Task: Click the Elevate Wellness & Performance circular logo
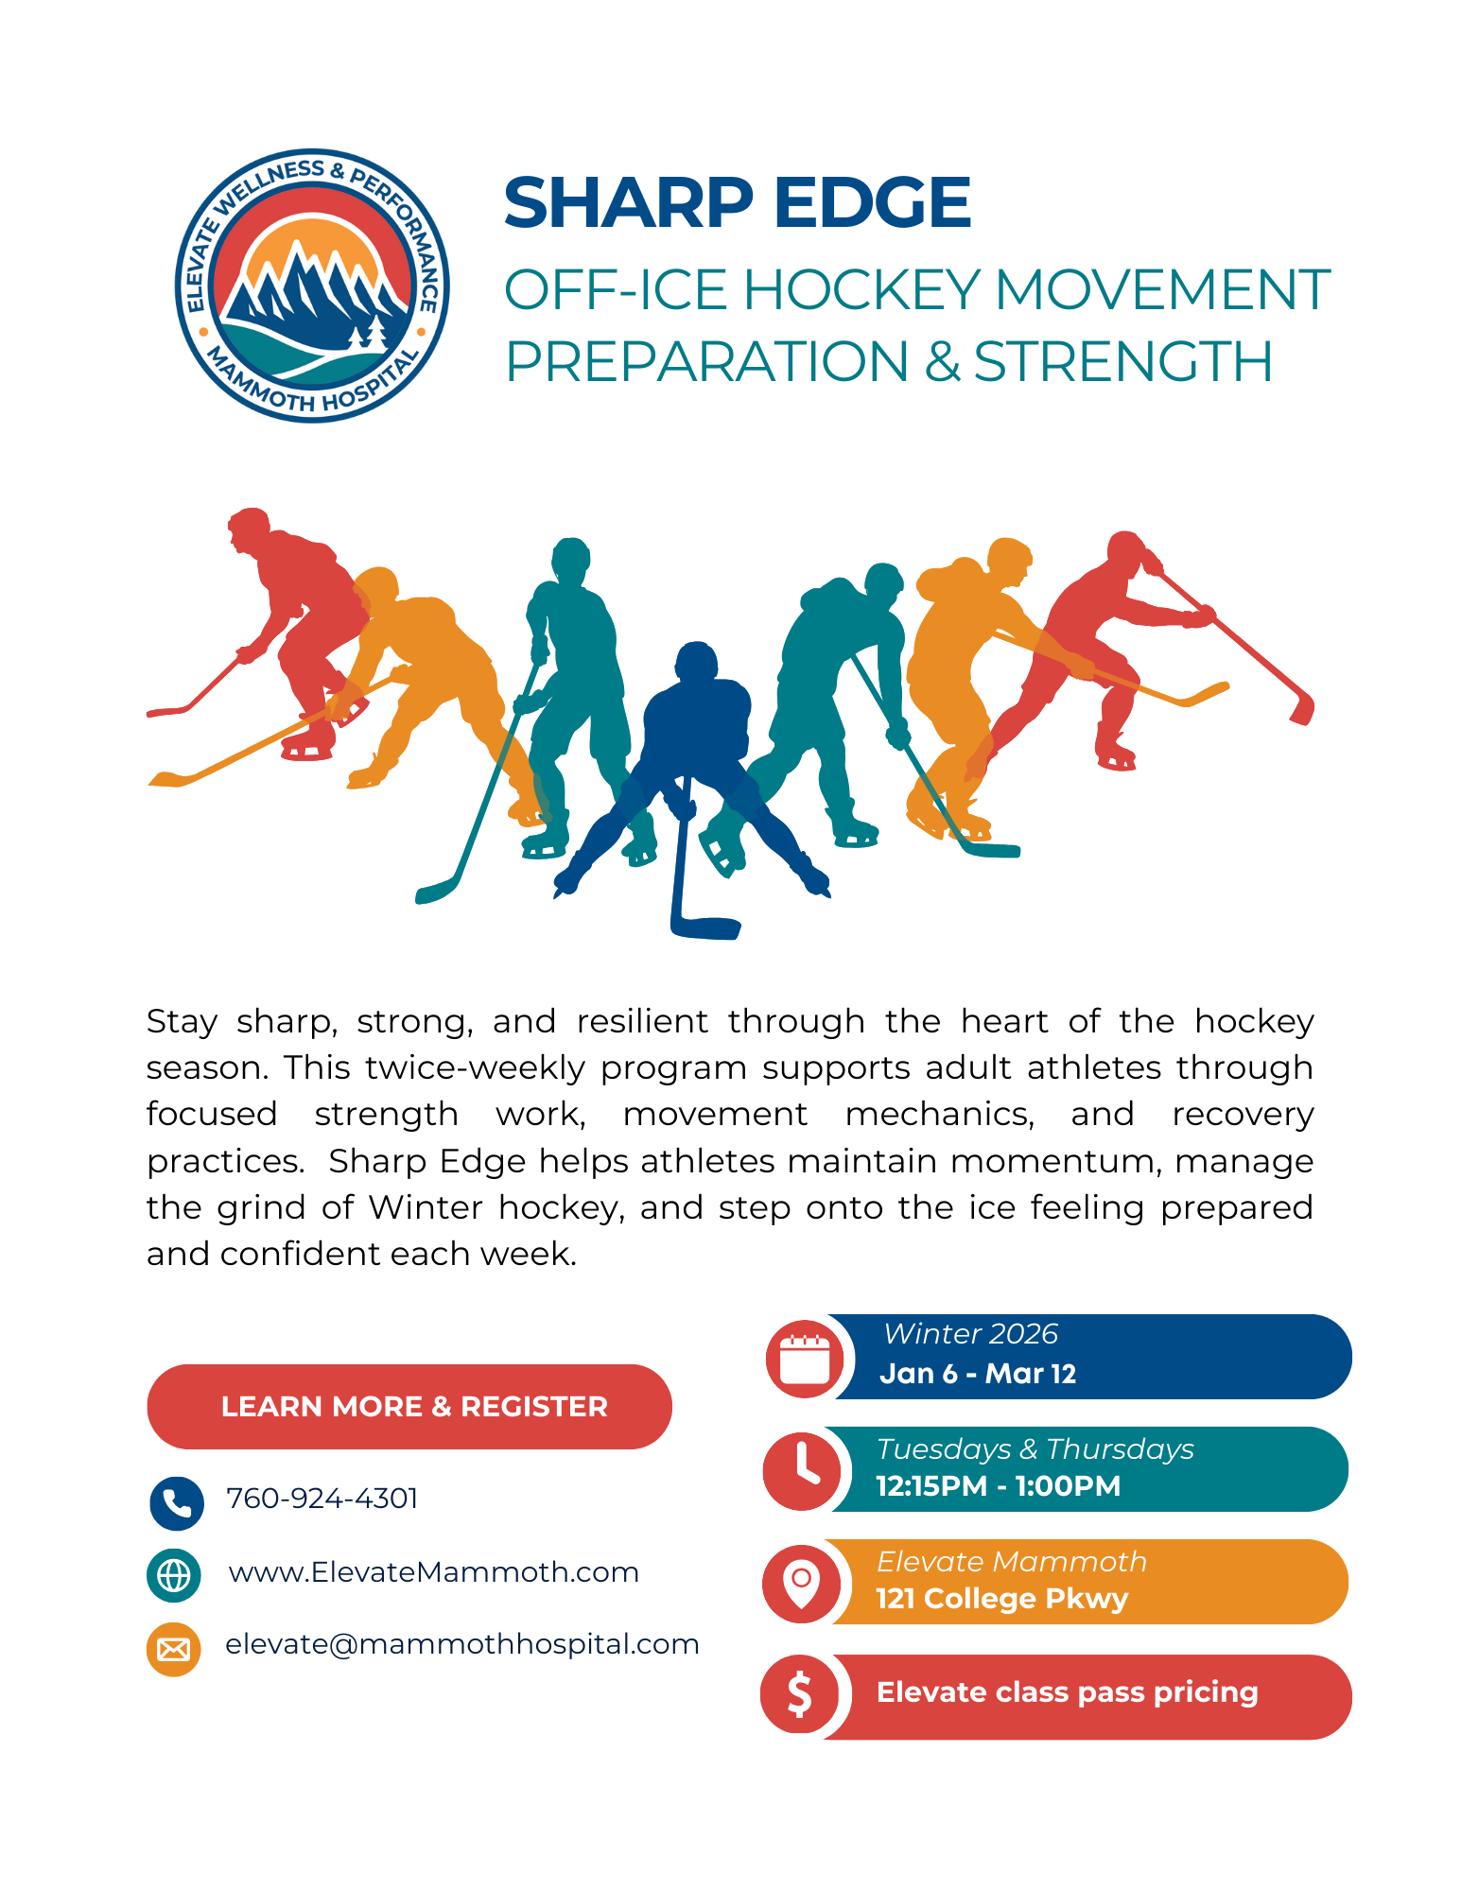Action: point(312,286)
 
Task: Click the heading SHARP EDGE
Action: point(737,203)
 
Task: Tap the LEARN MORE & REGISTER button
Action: point(409,1406)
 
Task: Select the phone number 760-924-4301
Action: point(322,1499)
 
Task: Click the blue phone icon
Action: point(177,1502)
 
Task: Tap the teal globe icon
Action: point(174,1575)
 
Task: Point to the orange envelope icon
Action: point(174,1649)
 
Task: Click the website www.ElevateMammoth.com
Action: point(433,1572)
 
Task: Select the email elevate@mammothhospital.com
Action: point(461,1644)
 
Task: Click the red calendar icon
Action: point(805,1360)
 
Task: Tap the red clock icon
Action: point(802,1470)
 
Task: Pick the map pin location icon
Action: point(802,1582)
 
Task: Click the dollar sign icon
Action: point(800,1693)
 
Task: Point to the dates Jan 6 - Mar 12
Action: point(978,1374)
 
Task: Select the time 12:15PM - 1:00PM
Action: point(998,1486)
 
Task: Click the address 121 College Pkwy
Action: point(1001,1599)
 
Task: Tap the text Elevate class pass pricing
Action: point(1067,1692)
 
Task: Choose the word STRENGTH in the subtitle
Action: point(1122,362)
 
